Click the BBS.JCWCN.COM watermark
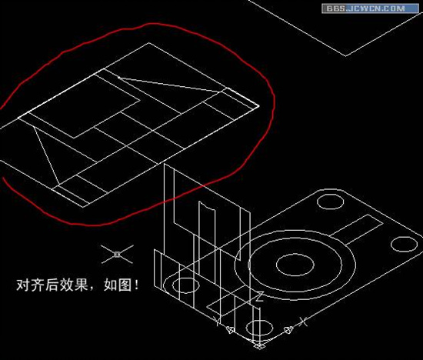(370, 8)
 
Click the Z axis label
(259, 297)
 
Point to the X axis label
(304, 322)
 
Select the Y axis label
(217, 320)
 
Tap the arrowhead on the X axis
(288, 330)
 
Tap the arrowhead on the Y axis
(230, 329)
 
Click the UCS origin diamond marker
(259, 345)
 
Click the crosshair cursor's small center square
(117, 254)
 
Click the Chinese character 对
(23, 285)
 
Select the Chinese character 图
(125, 285)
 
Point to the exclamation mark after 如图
(137, 285)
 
